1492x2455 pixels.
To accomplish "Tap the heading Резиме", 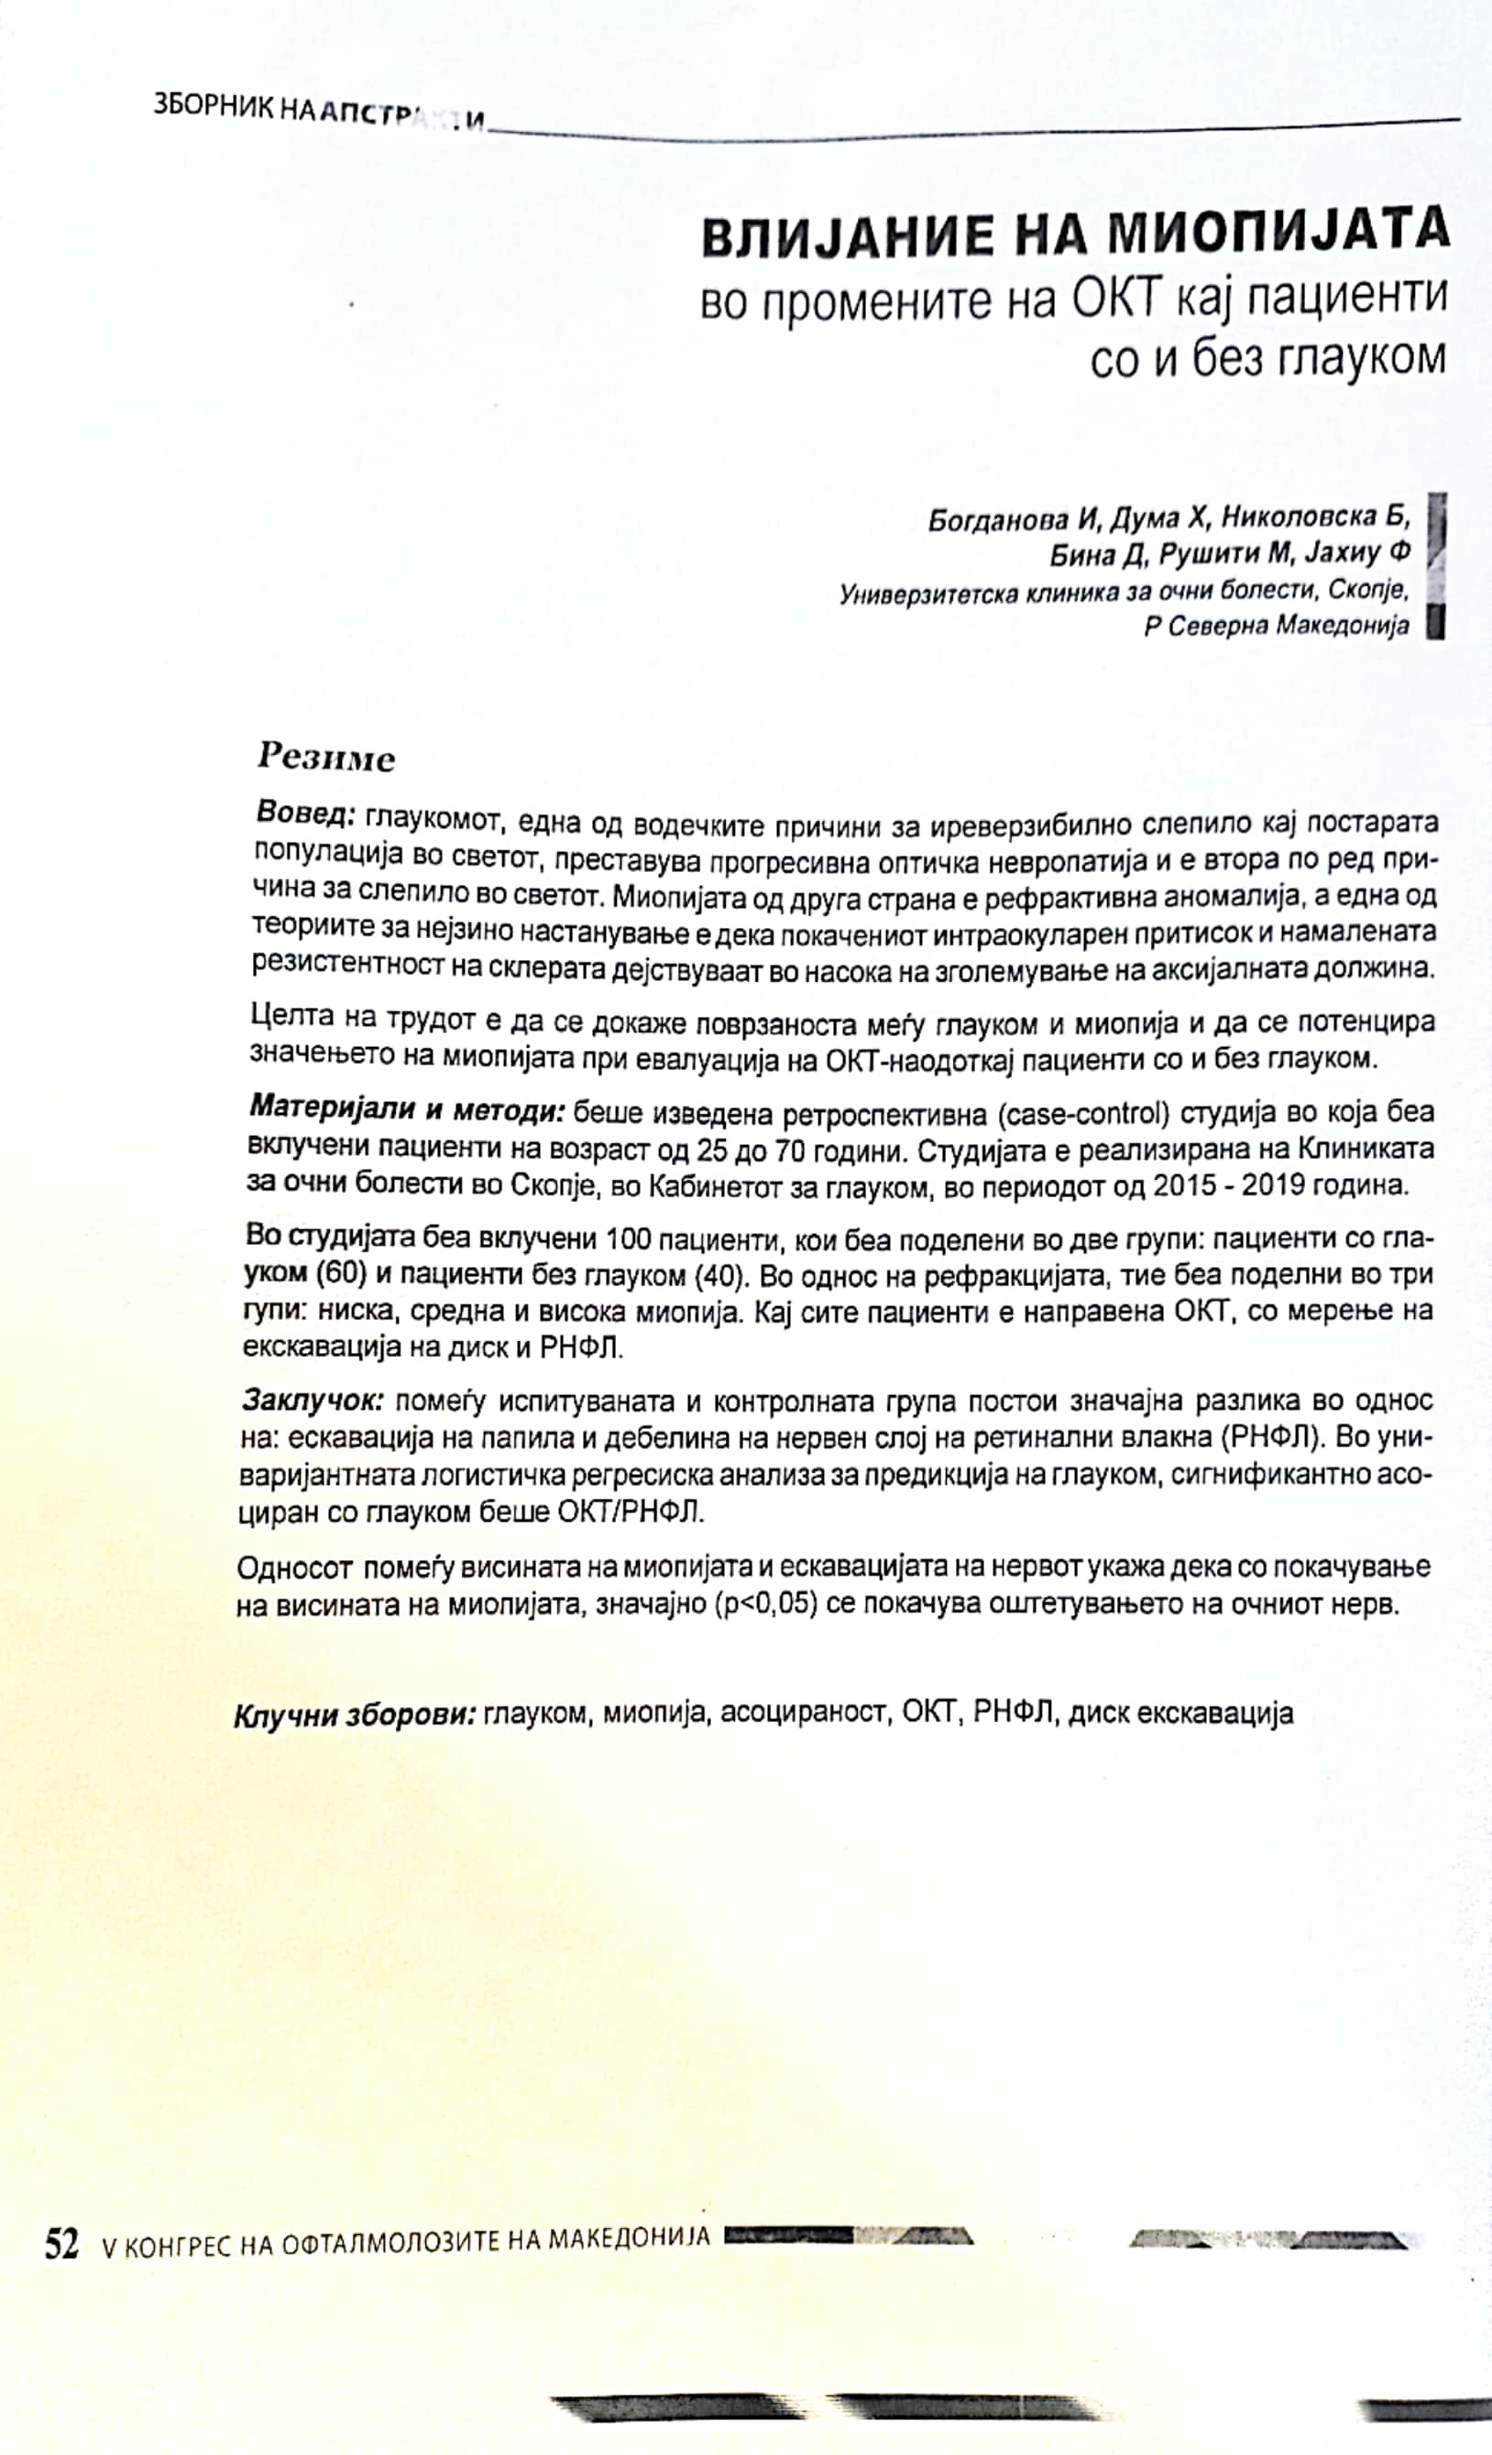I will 326,758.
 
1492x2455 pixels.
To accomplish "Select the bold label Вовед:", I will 306,814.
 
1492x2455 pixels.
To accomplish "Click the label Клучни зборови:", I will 354,1714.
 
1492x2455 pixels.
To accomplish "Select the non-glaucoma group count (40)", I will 710,1276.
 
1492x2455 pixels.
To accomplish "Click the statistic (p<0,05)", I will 763,1605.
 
